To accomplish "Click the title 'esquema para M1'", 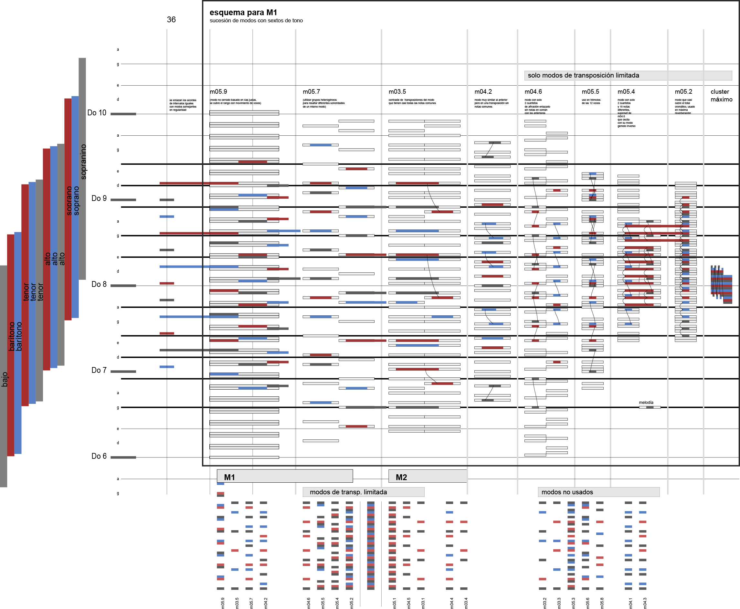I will pyautogui.click(x=243, y=12).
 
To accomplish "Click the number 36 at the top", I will pyautogui.click(x=171, y=20).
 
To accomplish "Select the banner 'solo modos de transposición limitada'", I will pyautogui.click(x=628, y=75).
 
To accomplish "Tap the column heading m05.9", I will pyautogui.click(x=218, y=91).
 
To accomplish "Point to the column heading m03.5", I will pyautogui.click(x=397, y=91).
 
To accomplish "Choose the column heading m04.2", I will pyautogui.click(x=483, y=91).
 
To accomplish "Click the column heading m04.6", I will pyautogui.click(x=533, y=91).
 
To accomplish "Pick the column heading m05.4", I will pyautogui.click(x=626, y=91).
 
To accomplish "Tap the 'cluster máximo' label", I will pyautogui.click(x=721, y=95).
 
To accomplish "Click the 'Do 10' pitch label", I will pyautogui.click(x=97, y=113).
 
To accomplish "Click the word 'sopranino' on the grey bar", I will pyautogui.click(x=83, y=162).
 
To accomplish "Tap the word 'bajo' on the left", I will pyautogui.click(x=4, y=380).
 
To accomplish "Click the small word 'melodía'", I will pyautogui.click(x=646, y=402).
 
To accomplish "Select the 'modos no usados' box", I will pyautogui.click(x=598, y=492).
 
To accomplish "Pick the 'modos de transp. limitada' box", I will pyautogui.click(x=363, y=492).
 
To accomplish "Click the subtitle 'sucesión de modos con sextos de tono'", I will pyautogui.click(x=256, y=21).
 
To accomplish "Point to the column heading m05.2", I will pyautogui.click(x=683, y=91).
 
